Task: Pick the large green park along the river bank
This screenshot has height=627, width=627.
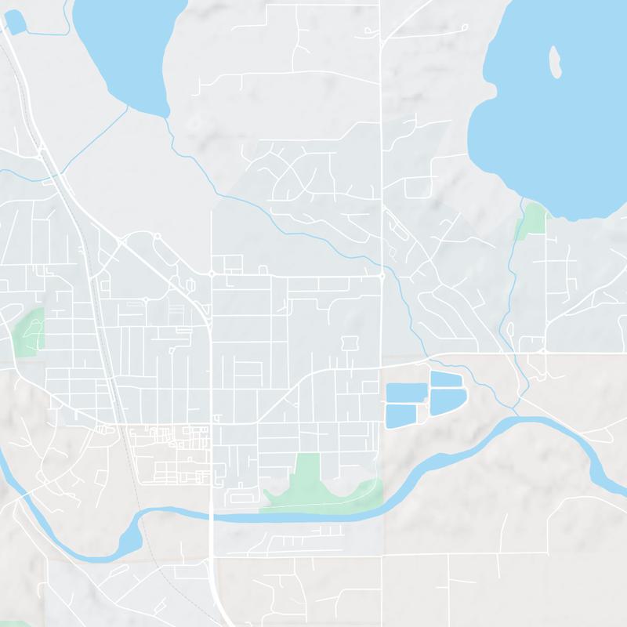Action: pos(313,482)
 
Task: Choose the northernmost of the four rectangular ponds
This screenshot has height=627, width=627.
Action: pos(444,379)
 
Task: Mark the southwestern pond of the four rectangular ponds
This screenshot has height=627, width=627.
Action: pos(400,415)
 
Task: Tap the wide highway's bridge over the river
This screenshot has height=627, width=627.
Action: pos(212,516)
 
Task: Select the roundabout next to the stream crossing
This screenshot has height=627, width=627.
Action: pos(382,276)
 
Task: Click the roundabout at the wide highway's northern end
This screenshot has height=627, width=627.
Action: pos(212,274)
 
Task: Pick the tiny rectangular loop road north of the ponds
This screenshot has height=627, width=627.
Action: pos(350,342)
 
